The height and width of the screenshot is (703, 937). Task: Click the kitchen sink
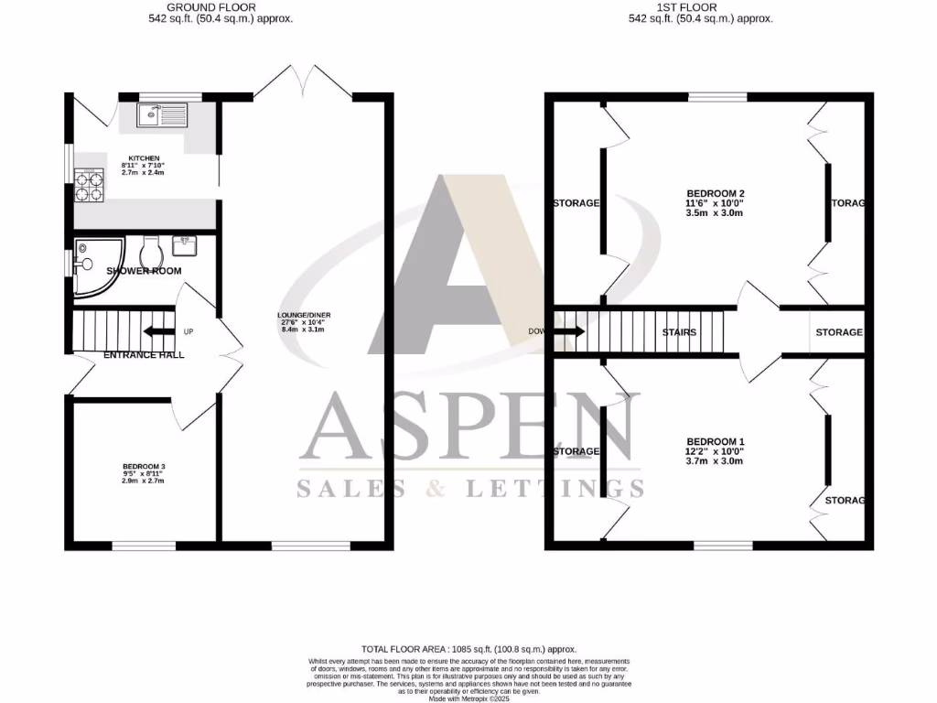(x=162, y=115)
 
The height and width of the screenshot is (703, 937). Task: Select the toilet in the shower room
(x=151, y=249)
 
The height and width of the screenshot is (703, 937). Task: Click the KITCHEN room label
(x=137, y=158)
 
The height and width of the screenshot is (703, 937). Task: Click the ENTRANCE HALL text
(x=144, y=354)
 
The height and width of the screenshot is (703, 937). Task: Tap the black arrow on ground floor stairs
(x=158, y=331)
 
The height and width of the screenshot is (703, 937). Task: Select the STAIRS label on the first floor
(x=679, y=332)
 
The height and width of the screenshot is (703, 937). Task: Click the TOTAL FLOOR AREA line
(x=468, y=648)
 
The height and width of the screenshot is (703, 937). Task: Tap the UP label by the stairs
(x=188, y=331)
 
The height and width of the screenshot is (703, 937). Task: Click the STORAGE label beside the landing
(x=838, y=332)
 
